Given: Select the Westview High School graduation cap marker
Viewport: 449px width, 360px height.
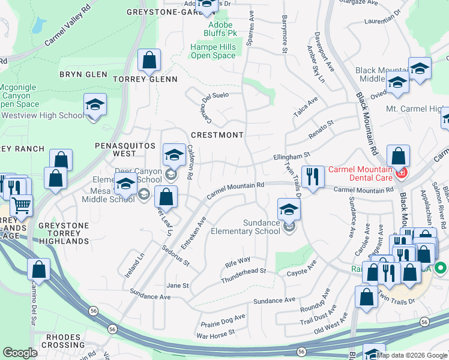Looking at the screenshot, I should (95, 104).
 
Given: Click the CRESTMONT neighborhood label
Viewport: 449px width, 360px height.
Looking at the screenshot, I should (217, 135).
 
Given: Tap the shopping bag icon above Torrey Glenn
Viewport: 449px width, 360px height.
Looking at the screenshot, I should (149, 60).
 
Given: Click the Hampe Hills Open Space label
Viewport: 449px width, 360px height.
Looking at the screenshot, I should (213, 51).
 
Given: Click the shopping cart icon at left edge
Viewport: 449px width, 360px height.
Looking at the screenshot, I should (21, 206).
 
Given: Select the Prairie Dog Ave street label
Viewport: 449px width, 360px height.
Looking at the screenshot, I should (223, 319).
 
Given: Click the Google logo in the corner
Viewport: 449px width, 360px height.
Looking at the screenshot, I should (20, 353).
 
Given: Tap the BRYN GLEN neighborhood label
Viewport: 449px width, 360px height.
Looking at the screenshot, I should (83, 75).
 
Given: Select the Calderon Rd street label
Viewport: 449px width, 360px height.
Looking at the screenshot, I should (189, 162).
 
